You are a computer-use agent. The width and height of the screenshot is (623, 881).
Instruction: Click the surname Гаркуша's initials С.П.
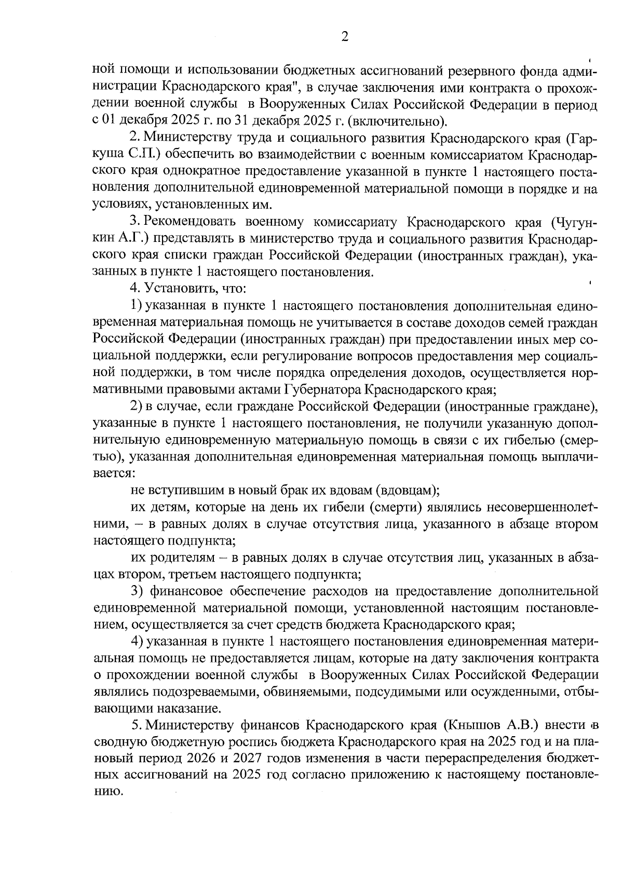click(136, 155)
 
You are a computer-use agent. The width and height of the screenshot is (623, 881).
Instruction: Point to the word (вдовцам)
click(407, 490)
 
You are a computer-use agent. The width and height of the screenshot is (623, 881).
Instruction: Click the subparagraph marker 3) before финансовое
click(137, 591)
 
